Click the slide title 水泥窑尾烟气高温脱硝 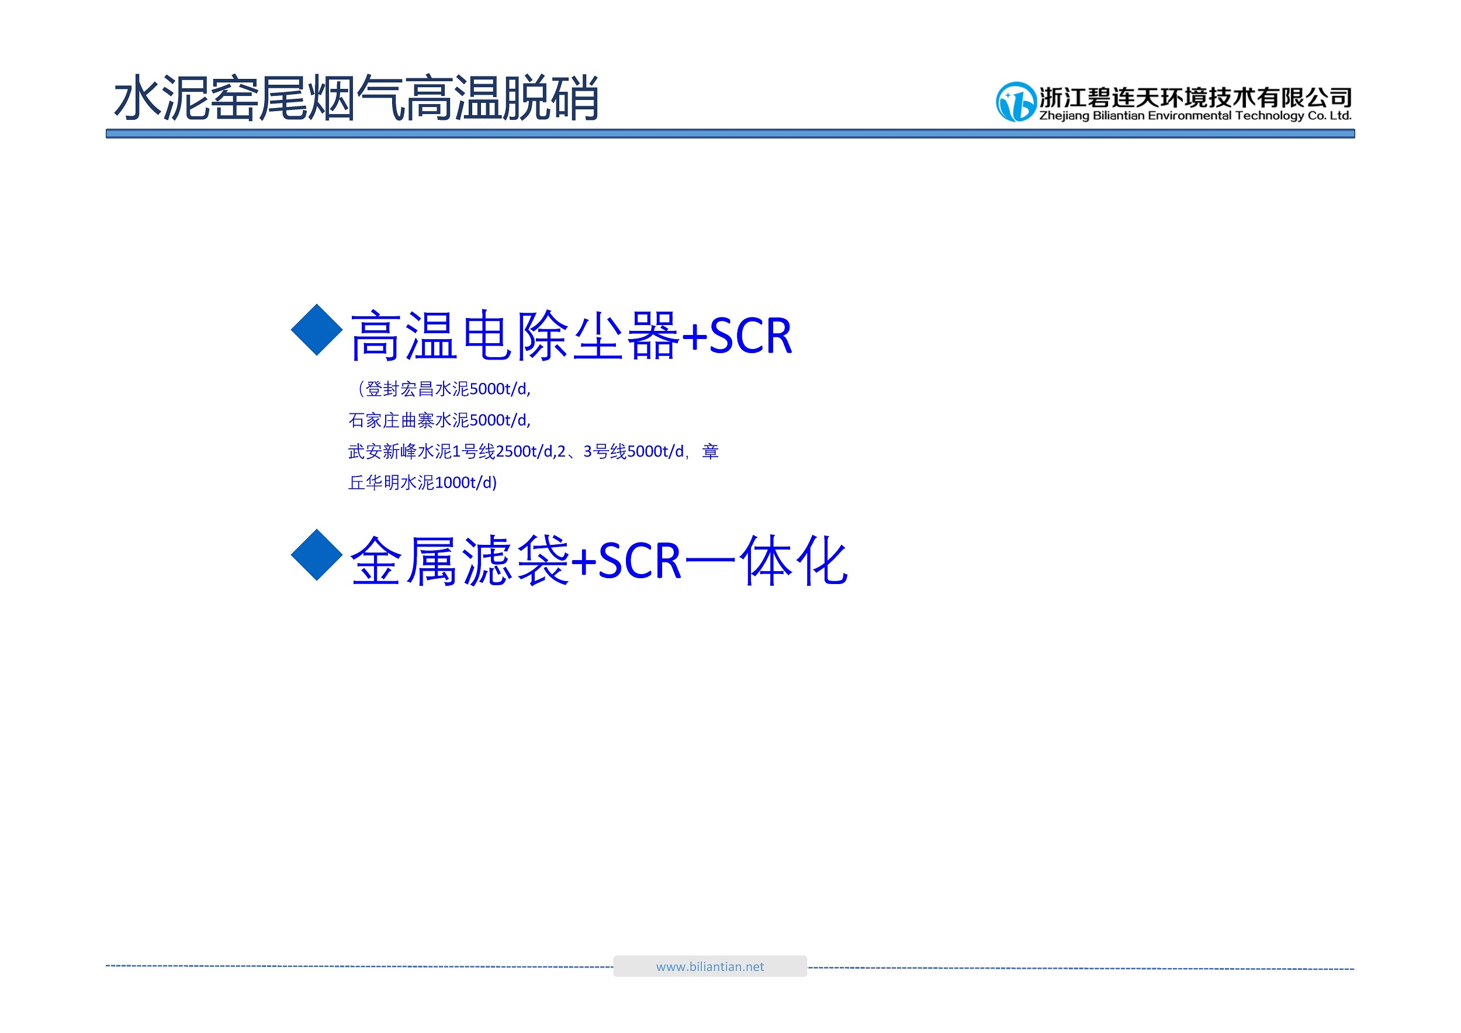(356, 98)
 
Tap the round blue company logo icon (1016, 102)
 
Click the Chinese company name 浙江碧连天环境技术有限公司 (1196, 98)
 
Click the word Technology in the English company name (1269, 116)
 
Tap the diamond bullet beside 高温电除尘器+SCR (317, 330)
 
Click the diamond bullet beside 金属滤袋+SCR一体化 (317, 554)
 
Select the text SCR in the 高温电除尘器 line (750, 336)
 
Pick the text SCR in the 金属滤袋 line (639, 561)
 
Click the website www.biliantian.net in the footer (709, 966)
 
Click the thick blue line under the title (730, 134)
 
